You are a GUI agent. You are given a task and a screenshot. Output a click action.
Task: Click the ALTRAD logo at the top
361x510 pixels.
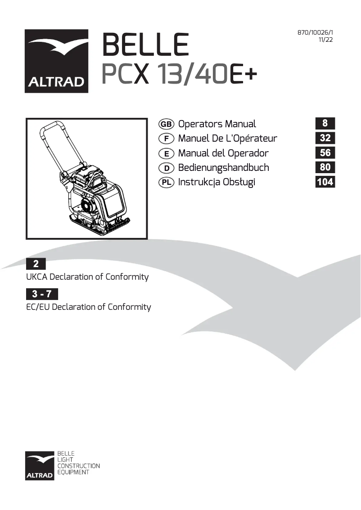point(56,61)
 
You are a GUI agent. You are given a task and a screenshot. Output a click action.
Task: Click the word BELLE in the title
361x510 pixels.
point(145,45)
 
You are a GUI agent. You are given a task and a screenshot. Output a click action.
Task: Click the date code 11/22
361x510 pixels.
point(325,40)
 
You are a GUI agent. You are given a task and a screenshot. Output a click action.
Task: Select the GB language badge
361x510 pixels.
point(167,124)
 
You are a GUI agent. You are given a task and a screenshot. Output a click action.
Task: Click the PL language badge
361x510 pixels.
point(167,182)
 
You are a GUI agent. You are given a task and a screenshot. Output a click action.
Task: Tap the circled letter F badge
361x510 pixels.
point(167,139)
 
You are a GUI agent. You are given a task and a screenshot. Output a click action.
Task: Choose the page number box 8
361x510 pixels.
point(325,123)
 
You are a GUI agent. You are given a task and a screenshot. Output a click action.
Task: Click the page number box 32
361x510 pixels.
point(325,138)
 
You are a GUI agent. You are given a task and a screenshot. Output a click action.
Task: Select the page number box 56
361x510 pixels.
point(325,153)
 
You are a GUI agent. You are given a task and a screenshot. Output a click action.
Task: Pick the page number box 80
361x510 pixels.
point(325,167)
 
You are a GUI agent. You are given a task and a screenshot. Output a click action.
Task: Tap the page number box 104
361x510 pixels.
point(325,182)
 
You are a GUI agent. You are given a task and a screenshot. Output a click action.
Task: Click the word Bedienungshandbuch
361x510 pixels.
point(223,168)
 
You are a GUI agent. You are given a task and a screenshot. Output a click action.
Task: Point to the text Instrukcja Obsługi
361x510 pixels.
point(217,182)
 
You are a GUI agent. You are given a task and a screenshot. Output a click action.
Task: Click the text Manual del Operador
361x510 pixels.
point(223,153)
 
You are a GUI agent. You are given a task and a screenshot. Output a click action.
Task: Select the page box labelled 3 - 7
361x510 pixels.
point(42,295)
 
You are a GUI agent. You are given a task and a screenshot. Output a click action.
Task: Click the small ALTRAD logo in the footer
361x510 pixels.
point(40,465)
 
